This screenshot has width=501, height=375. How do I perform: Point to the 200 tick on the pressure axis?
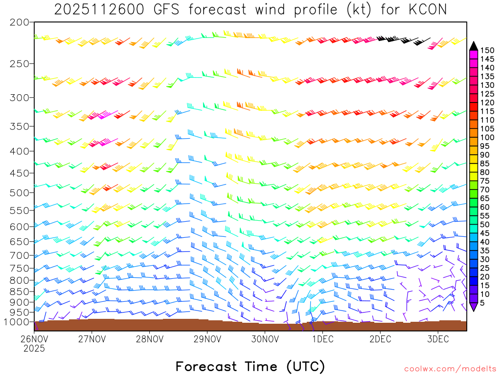20,22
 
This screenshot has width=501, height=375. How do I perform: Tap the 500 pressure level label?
20,192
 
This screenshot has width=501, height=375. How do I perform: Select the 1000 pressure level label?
18,322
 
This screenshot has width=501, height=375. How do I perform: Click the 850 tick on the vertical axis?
20,292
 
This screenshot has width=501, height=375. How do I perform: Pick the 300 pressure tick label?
20,98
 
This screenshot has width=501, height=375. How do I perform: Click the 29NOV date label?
207,339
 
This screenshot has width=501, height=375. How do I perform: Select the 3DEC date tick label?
438,339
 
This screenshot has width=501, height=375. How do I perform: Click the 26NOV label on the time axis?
34,339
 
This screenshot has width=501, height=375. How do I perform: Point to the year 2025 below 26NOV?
34,349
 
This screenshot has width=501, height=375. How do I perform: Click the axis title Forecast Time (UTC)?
250,366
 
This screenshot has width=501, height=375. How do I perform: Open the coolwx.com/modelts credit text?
450,369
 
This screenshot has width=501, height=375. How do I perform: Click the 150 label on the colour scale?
487,50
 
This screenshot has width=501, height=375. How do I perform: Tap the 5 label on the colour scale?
483,303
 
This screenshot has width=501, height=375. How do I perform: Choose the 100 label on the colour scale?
487,137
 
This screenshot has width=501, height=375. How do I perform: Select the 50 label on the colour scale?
485,224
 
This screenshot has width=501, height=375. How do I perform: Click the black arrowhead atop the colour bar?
474,46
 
